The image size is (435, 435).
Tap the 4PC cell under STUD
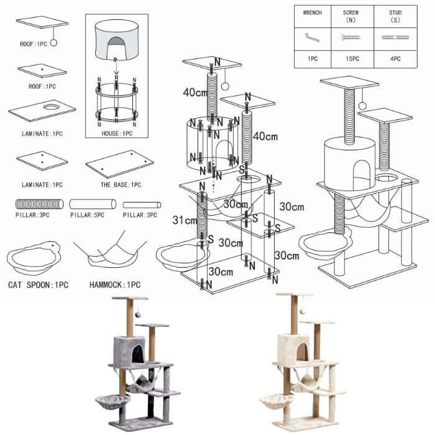pyautogui.click(x=393, y=59)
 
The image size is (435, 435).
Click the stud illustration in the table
pyautogui.click(x=393, y=38)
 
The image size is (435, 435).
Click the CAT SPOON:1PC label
pyautogui.click(x=38, y=285)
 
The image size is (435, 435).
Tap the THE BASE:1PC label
pyautogui.click(x=121, y=185)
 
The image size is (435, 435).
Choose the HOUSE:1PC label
pyautogui.click(x=117, y=134)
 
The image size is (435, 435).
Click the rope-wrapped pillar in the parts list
pyautogui.click(x=39, y=203)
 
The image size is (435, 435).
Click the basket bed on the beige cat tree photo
pyautogui.click(x=272, y=395)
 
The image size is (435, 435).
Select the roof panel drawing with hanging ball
pyautogui.click(x=42, y=23)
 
